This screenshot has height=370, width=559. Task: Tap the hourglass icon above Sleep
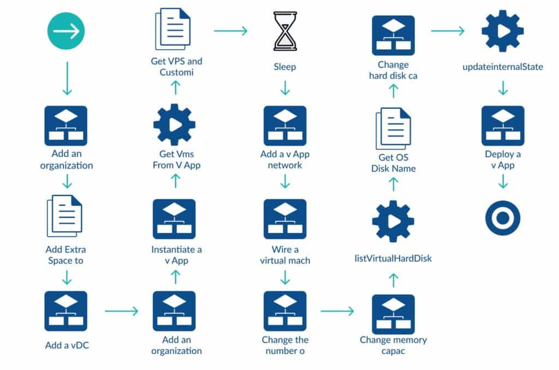point(284,31)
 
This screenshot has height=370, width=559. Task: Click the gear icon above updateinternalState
point(503,31)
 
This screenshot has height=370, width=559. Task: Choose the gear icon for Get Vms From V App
point(175,125)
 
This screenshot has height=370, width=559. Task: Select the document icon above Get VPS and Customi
point(175,31)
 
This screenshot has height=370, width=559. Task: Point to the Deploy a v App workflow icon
point(503,125)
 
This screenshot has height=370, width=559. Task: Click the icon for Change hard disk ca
point(393,36)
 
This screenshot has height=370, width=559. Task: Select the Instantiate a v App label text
point(176,255)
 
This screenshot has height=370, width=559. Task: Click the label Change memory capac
point(393,345)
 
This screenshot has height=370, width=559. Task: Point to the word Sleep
point(284,67)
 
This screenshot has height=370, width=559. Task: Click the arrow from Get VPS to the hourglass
point(230,31)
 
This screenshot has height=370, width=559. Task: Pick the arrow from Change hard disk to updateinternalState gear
point(448,31)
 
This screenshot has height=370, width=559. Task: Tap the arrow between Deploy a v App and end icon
point(503,181)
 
